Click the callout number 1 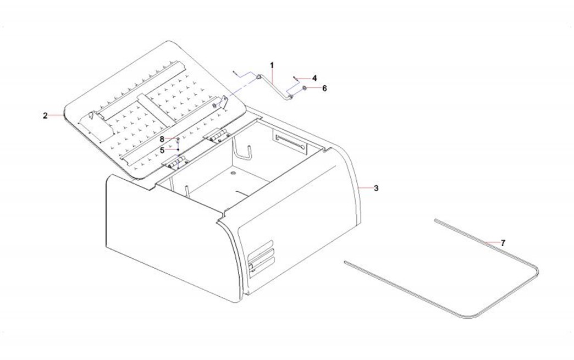pos(272,65)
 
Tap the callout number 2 pos(45,115)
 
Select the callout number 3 pos(376,188)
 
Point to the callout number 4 pos(314,78)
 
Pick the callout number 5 pos(162,151)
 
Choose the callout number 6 pos(324,88)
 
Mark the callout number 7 pos(503,242)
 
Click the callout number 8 pos(162,140)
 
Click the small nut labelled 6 pos(304,88)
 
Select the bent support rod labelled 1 pos(274,86)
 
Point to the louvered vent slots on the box pos(261,257)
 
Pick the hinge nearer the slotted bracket pos(217,135)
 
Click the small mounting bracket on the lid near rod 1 pos(220,103)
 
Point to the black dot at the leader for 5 pos(178,150)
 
